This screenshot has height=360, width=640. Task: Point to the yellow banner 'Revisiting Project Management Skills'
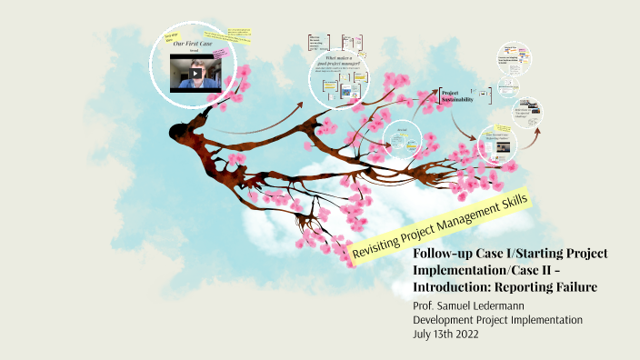[x=441, y=225]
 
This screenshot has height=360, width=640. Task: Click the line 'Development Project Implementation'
[x=497, y=320]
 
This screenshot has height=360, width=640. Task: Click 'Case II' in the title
[x=559, y=270]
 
